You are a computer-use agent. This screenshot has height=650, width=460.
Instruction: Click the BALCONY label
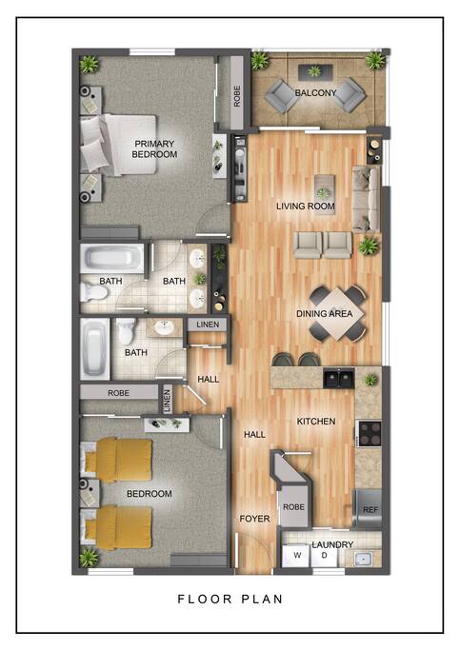click(315, 93)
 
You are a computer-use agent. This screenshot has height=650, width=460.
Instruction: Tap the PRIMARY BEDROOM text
click(154, 149)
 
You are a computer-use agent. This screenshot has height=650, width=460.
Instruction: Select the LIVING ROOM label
click(306, 206)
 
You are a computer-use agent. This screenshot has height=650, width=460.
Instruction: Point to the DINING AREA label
click(325, 314)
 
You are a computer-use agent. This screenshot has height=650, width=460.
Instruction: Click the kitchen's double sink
click(339, 378)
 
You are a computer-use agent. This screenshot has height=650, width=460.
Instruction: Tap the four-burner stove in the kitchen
click(370, 434)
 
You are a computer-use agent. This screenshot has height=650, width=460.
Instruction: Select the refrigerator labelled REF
click(368, 508)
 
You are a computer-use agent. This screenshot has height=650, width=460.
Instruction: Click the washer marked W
click(296, 555)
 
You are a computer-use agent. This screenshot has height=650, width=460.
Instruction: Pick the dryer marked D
click(324, 556)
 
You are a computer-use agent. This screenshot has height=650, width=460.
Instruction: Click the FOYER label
click(254, 519)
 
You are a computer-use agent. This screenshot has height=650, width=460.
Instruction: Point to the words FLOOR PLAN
click(230, 599)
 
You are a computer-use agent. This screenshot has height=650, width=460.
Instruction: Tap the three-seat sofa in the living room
click(366, 199)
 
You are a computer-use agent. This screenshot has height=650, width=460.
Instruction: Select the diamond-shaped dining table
click(338, 313)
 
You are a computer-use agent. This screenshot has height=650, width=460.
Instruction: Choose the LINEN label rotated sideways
click(167, 400)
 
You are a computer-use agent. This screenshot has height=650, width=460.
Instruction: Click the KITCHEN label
click(316, 422)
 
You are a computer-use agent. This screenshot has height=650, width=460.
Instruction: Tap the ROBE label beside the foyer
click(293, 507)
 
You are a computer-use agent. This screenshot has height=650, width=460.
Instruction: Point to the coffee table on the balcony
click(315, 71)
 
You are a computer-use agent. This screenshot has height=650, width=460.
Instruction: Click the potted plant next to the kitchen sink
click(370, 380)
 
